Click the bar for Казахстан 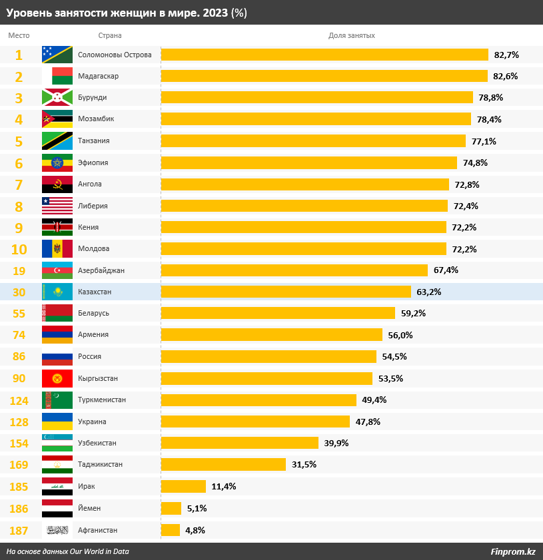[x=286, y=292]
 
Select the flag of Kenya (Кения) [x=57, y=227]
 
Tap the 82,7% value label [x=506, y=55]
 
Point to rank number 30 [x=19, y=292]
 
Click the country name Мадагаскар [x=98, y=76]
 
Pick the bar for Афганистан [x=171, y=530]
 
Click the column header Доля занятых [x=351, y=35]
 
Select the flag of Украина [x=57, y=421]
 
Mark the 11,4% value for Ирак [x=224, y=487]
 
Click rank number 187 [x=19, y=530]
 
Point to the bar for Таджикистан [x=223, y=465]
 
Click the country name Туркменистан [x=102, y=400]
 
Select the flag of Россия [x=57, y=357]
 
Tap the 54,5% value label [x=394, y=357]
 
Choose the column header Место [x=19, y=35]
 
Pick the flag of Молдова [x=57, y=248]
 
